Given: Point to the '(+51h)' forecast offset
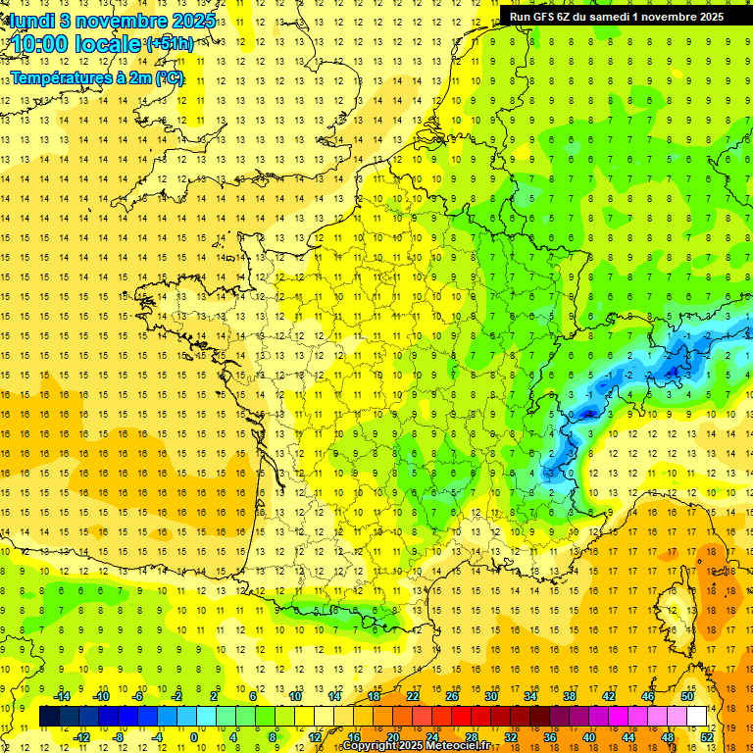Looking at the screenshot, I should click(170, 44).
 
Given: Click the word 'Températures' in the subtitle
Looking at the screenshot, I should click(61, 78).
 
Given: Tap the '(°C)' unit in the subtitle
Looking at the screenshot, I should click(168, 78).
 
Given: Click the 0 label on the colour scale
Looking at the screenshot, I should click(193, 737).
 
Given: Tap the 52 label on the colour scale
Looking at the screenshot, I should click(707, 737).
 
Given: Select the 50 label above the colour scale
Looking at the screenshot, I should click(687, 696).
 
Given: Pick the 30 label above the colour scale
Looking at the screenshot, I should click(490, 696).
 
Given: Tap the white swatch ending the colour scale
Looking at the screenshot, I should click(697, 717).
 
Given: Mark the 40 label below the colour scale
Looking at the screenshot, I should click(589, 737).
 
